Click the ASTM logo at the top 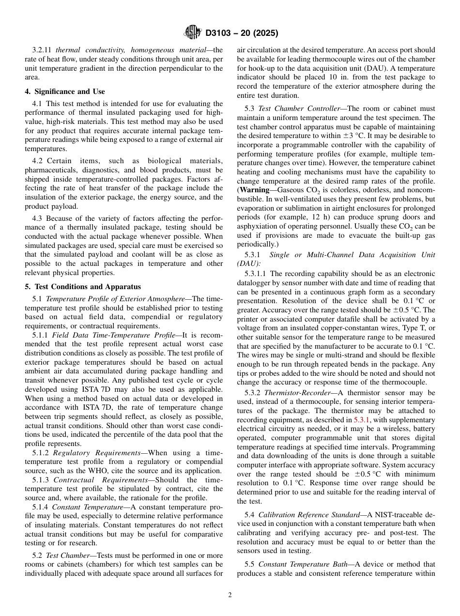tap(193, 33)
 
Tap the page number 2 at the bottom tap(230, 595)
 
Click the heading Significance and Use tap(65, 92)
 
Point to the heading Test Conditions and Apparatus tap(83, 287)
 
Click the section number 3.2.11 tap(42, 50)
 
